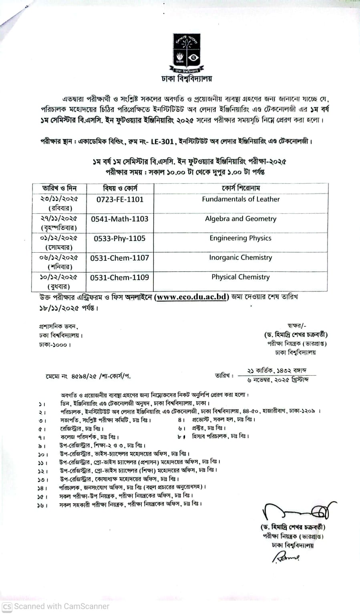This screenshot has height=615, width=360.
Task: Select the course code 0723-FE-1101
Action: (x=120, y=199)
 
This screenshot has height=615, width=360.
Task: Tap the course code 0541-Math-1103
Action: (x=120, y=219)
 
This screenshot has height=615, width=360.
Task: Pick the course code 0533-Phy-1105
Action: (x=120, y=239)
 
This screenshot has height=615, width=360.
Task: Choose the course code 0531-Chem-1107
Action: (x=120, y=258)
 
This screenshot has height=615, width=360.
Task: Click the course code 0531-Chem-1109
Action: (x=120, y=277)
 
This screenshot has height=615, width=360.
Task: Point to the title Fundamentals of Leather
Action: (x=241, y=199)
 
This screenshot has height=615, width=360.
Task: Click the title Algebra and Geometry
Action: (x=241, y=219)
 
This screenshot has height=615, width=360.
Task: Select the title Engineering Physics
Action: (x=241, y=238)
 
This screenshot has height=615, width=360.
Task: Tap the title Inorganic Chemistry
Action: (x=241, y=257)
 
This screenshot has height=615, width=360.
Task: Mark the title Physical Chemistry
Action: (x=241, y=277)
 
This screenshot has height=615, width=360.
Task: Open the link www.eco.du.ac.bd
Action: (x=191, y=297)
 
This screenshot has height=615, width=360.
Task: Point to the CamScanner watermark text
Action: (x=56, y=606)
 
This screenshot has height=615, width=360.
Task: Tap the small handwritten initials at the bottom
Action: (x=286, y=557)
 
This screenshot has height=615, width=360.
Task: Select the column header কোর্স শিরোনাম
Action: (x=241, y=188)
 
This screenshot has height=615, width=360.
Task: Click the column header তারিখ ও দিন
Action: (x=59, y=188)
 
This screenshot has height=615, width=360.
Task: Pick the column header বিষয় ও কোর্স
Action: (x=120, y=188)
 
